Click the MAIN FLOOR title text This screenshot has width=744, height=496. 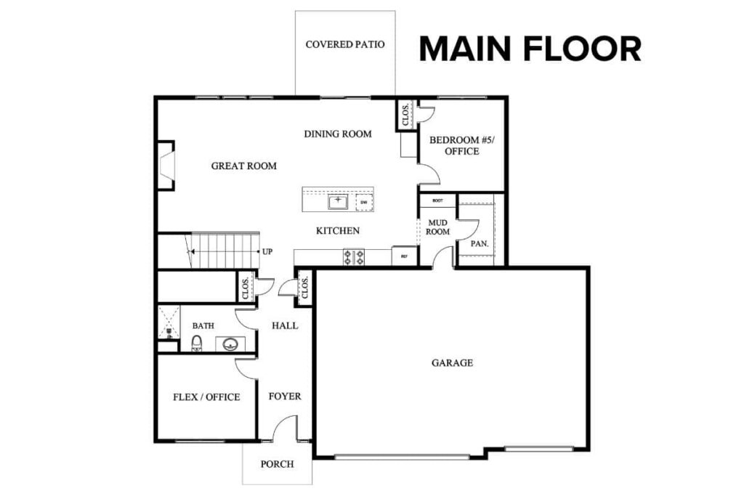530,49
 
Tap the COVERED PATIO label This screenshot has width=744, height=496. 345,44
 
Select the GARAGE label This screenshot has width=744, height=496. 452,362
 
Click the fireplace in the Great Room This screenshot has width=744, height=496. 166,166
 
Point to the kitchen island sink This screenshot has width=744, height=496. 337,201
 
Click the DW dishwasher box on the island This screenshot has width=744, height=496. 364,202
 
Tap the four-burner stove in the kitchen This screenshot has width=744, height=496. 354,256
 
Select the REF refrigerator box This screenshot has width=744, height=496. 404,256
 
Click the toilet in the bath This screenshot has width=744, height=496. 196,343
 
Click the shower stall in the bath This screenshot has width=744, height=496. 168,322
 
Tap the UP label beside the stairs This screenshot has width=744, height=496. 267,252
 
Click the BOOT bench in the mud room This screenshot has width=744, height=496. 437,200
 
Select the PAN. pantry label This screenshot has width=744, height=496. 479,243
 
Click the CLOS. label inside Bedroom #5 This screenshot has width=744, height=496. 405,115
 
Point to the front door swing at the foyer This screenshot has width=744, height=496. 285,428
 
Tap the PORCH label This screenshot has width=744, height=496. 277,463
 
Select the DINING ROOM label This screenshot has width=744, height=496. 338,134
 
